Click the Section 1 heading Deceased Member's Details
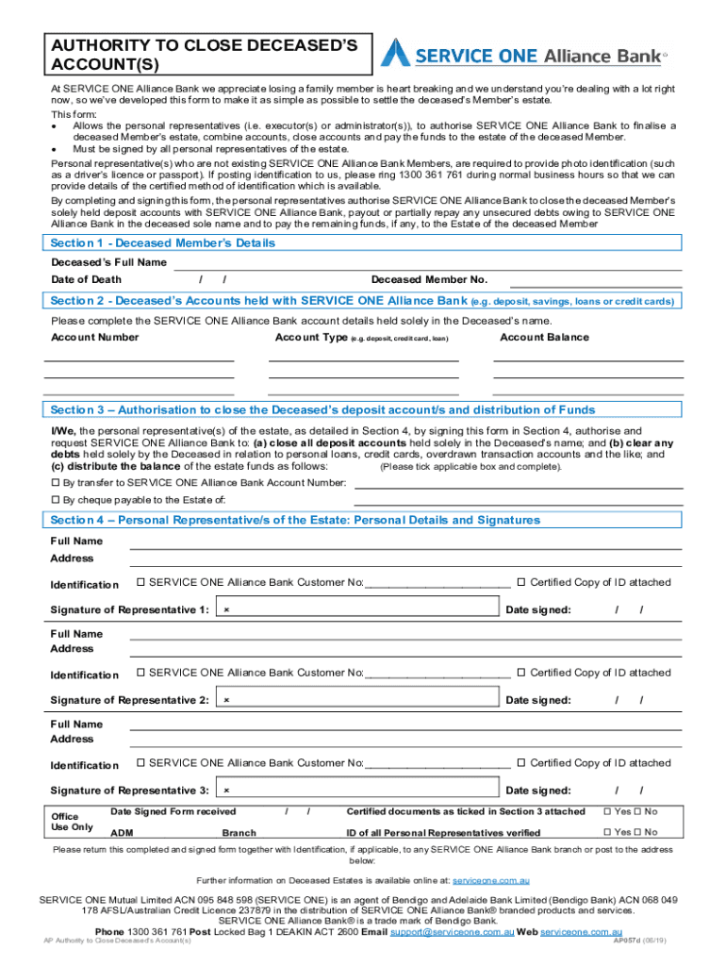click(162, 243)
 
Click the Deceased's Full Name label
click(108, 262)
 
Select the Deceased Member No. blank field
click(595, 280)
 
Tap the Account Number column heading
click(95, 338)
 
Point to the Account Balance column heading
click(544, 338)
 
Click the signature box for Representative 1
click(358, 609)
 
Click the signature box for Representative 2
click(358, 700)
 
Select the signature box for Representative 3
click(358, 790)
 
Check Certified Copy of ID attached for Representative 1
click(520, 583)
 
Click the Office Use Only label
click(72, 822)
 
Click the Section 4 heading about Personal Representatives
click(295, 521)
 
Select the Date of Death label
click(86, 280)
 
